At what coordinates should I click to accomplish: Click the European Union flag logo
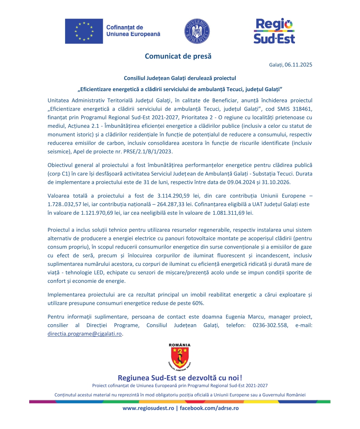coord(84,31)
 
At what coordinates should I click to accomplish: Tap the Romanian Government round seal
coord(197,31)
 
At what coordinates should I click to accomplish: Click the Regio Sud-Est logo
coord(274,31)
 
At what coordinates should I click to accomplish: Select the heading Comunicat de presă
coord(178,56)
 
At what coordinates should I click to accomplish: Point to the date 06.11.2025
coord(298,65)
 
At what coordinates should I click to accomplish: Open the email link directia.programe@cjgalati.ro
coord(85,334)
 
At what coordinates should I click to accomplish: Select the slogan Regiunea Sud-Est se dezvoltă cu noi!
coord(180,378)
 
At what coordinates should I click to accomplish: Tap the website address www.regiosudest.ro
coord(148,408)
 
